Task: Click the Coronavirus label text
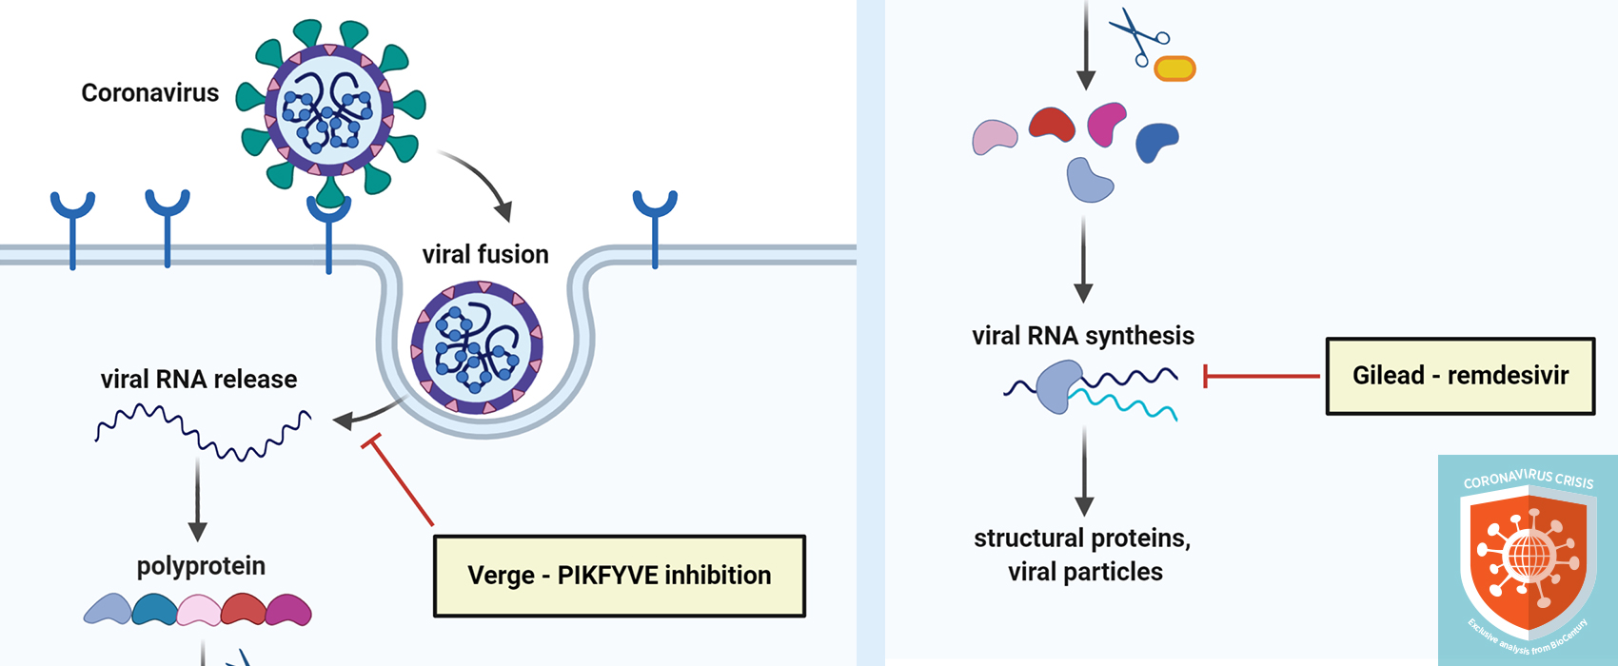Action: (x=149, y=92)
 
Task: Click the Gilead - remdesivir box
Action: (x=1460, y=376)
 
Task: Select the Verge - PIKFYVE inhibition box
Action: (x=619, y=576)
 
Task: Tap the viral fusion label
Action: (x=485, y=254)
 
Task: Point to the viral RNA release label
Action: (x=199, y=380)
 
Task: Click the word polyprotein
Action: (x=201, y=566)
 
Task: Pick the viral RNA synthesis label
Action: (x=1082, y=336)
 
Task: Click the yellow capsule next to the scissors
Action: (x=1174, y=69)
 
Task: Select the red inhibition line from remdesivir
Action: (x=1260, y=377)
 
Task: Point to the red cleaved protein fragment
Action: (x=1052, y=124)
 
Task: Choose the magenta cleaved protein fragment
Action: (x=1106, y=124)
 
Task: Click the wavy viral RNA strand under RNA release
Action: (x=203, y=433)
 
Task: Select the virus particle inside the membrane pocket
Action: (x=477, y=347)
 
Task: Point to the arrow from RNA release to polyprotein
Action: (x=197, y=499)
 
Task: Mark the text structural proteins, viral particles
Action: (x=1083, y=555)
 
